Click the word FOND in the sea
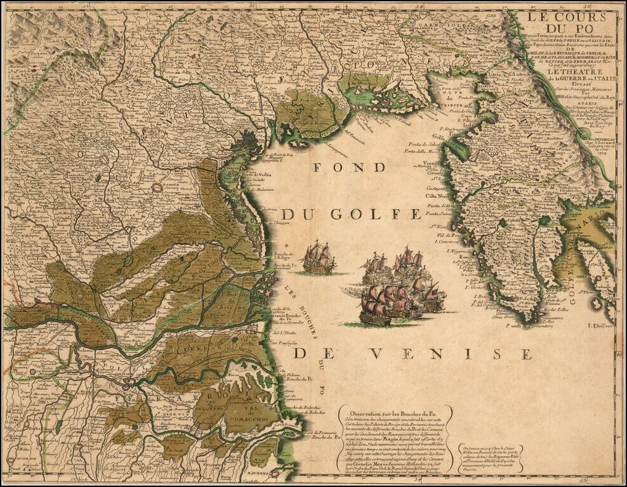point(349,168)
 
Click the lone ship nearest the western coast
point(319,258)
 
